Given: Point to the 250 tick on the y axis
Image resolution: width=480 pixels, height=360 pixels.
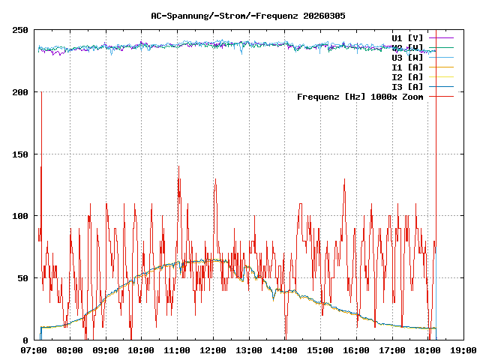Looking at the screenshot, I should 21,30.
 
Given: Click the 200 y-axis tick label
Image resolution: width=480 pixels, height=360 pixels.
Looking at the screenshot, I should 21,92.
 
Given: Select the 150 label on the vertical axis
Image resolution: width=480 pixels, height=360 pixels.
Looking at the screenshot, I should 21,154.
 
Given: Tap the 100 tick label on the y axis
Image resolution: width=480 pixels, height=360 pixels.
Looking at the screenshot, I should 21,216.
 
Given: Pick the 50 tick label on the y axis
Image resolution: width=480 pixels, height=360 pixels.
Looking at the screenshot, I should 23,278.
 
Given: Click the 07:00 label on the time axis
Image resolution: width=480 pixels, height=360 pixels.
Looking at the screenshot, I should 34,350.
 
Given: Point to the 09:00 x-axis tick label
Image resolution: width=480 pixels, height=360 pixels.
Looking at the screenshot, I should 106,350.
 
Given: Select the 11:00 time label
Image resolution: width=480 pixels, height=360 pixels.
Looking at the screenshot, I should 177,350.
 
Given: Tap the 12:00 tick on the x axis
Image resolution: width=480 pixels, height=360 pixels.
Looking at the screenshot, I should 213,350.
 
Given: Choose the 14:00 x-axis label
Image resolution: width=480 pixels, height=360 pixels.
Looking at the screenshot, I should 284,350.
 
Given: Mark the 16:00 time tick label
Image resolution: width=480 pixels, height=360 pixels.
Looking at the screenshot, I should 356,350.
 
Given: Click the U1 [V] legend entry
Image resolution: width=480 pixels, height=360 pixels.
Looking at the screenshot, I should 407,37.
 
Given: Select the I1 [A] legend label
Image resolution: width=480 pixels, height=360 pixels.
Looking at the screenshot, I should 407,67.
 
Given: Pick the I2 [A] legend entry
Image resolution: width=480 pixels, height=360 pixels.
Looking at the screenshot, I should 407,76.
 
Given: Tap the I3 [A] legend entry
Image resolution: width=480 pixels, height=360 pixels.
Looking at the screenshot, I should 407,86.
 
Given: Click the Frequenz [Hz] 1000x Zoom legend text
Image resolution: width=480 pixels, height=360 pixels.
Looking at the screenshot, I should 360,96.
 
